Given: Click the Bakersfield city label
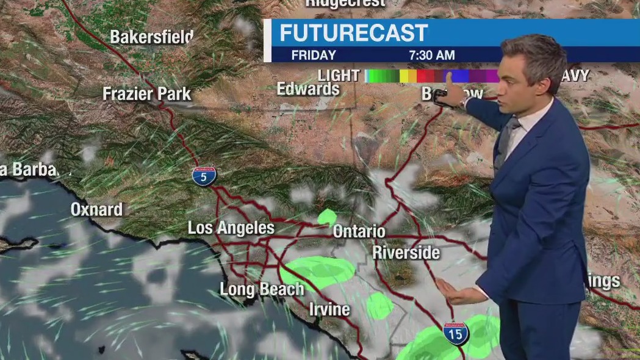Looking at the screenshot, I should (151, 37).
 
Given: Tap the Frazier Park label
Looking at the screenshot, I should (146, 94).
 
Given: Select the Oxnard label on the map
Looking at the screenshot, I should (96, 209).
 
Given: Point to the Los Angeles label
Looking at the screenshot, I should (231, 228).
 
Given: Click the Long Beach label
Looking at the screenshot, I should (261, 289).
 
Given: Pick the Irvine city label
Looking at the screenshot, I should (329, 309).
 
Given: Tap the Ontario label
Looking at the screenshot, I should (359, 232).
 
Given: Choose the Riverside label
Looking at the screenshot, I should (406, 252).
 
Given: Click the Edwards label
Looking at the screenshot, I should (308, 89).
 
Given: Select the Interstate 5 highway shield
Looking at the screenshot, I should (203, 176).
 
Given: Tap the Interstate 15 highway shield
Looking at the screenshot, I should (456, 333).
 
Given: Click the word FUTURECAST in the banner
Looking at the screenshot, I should (354, 33).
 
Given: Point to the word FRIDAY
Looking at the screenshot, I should (314, 55).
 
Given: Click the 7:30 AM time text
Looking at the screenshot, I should (432, 55).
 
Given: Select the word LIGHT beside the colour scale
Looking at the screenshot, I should (339, 76).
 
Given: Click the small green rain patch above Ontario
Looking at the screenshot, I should (327, 217).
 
